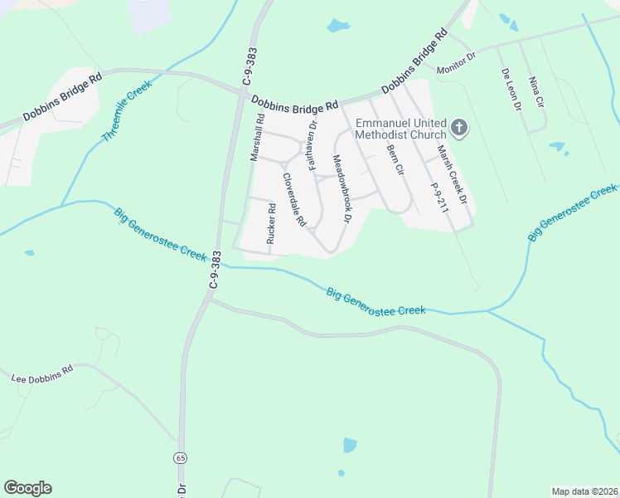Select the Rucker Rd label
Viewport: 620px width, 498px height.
point(270,224)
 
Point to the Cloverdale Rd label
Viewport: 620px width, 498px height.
point(294,200)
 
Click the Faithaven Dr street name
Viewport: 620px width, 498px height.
point(312,145)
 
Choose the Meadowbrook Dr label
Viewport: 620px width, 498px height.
point(342,189)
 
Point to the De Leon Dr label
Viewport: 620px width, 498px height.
point(510,90)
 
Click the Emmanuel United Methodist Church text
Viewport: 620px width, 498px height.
point(400,129)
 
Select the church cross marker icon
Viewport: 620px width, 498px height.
point(459,129)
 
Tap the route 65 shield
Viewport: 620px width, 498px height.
point(180,457)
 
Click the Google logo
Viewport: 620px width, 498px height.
point(27,488)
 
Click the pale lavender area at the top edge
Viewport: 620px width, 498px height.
point(149,15)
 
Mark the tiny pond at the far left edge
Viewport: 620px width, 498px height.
point(30,252)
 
